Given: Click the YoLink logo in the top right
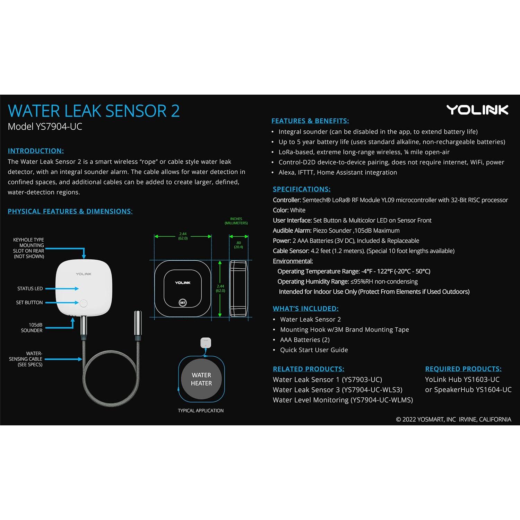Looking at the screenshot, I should pyautogui.click(x=477, y=110).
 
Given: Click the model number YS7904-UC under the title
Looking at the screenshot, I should pyautogui.click(x=45, y=127).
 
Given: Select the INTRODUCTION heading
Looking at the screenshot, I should pyautogui.click(x=36, y=151).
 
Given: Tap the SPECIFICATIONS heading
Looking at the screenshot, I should pyautogui.click(x=302, y=189).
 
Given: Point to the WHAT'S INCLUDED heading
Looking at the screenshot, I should pyautogui.click(x=305, y=309).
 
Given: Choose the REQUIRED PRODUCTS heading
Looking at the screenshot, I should pyautogui.click(x=463, y=369).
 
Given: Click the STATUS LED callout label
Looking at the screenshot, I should pyautogui.click(x=30, y=288).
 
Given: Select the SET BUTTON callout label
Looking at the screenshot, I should pyautogui.click(x=29, y=303).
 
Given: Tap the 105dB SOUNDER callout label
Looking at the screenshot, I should pyautogui.click(x=32, y=328).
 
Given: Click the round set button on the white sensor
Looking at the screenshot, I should pyautogui.click(x=84, y=303).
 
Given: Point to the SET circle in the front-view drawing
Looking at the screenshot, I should pyautogui.click(x=183, y=303).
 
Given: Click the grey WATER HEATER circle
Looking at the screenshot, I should pyautogui.click(x=201, y=379).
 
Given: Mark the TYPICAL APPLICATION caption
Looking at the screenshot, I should pyautogui.click(x=201, y=411).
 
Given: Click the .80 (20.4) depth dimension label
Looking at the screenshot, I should pyautogui.click(x=239, y=245).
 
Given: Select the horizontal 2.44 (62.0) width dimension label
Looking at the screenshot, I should pyautogui.click(x=183, y=236).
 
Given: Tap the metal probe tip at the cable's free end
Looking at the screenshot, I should pyautogui.click(x=138, y=324).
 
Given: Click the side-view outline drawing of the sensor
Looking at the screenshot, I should pyautogui.click(x=239, y=288).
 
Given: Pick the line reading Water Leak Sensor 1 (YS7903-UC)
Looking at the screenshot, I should pyautogui.click(x=327, y=380).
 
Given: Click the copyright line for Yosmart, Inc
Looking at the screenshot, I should pyautogui.click(x=453, y=419).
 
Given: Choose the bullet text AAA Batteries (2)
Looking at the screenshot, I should pyautogui.click(x=305, y=340).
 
